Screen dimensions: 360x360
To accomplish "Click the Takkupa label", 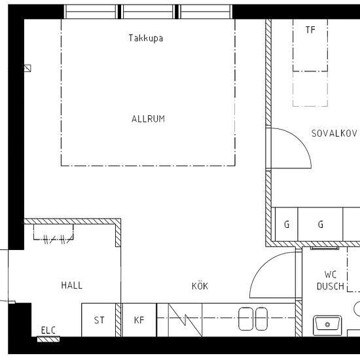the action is (x=146, y=38).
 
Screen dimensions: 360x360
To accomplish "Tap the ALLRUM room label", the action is (x=149, y=119).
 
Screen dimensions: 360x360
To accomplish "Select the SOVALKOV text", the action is (x=334, y=133).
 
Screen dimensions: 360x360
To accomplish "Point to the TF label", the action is (x=310, y=30).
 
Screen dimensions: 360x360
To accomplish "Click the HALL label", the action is (x=72, y=285).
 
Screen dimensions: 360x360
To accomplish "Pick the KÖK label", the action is (x=200, y=286).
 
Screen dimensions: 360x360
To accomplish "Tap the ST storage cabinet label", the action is (x=99, y=320).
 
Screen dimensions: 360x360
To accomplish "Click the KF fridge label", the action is (x=139, y=320).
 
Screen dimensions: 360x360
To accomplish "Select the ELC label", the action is (x=48, y=331).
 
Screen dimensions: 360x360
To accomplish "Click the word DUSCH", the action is (x=331, y=286).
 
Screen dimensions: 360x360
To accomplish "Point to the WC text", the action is (x=331, y=274).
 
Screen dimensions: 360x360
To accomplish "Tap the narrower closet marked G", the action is (x=286, y=224).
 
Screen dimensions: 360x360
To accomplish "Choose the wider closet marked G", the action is (x=320, y=224).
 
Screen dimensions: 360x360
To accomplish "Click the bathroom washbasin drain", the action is (x=328, y=325).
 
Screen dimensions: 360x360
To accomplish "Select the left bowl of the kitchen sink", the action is (x=245, y=319).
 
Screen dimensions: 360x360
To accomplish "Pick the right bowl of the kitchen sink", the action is (x=262, y=319).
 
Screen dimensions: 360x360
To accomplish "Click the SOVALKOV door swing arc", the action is (x=300, y=139).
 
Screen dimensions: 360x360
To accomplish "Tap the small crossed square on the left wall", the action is (x=27, y=68).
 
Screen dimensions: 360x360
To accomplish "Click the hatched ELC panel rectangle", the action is (x=48, y=339).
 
